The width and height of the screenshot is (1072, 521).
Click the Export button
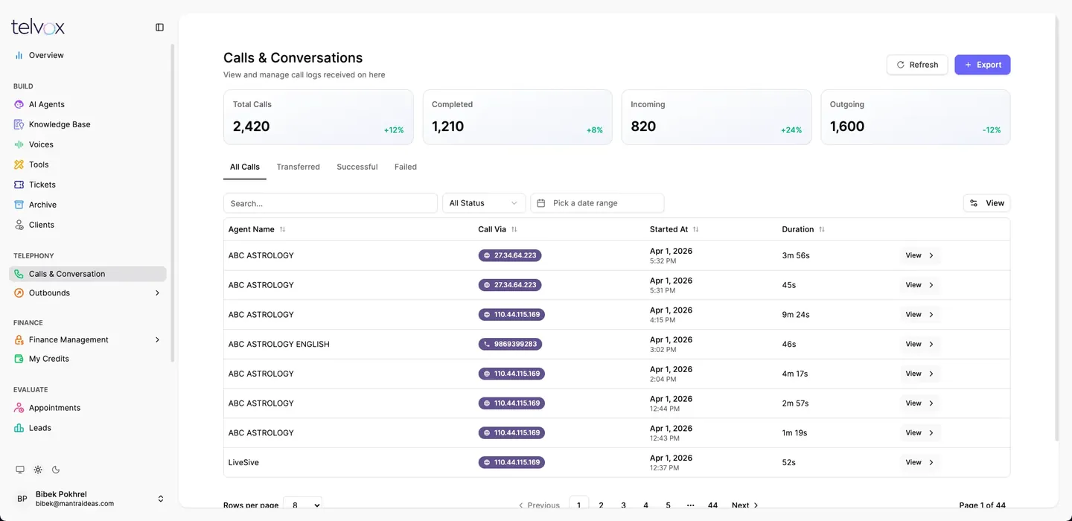coord(982,65)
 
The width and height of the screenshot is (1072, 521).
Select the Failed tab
coord(405,167)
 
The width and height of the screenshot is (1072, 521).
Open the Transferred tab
coord(298,167)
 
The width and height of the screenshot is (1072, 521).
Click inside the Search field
coord(331,203)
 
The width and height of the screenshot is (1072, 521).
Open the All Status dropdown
coord(483,203)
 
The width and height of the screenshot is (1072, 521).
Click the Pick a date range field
coord(597,203)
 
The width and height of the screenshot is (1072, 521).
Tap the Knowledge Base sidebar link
coord(60,124)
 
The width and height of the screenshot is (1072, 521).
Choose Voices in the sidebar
coord(41,144)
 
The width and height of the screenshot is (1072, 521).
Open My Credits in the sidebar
coord(48,359)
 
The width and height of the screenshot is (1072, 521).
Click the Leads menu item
coord(39,428)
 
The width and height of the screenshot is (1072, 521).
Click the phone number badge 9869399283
coord(510,344)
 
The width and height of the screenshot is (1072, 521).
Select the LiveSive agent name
coord(243,462)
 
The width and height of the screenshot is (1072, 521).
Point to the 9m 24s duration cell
coord(795,314)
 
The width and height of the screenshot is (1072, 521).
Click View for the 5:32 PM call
coord(919,255)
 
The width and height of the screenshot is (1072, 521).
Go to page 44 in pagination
coord(712,505)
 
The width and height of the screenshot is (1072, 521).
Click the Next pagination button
coord(744,505)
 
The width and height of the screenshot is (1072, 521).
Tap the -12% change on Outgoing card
coord(991,130)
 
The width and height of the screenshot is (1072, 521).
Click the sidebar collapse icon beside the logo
coord(159,28)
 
